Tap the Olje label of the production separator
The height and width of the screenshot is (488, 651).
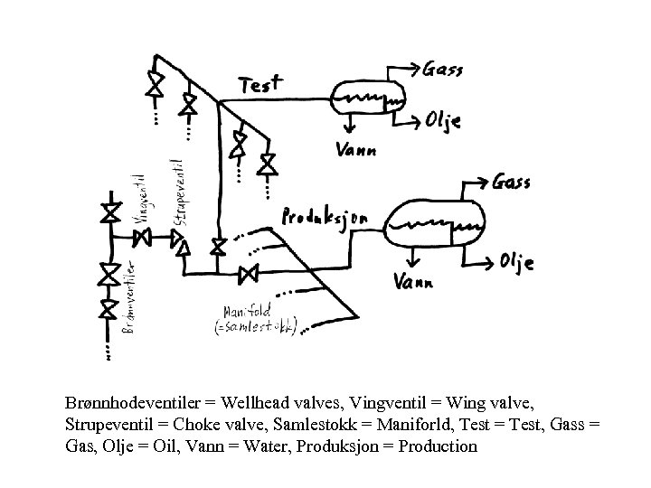coord(516,261)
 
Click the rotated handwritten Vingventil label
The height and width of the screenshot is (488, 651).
coord(140,198)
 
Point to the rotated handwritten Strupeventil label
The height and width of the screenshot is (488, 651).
coord(178,193)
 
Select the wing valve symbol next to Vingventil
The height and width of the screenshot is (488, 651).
coord(143,238)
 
